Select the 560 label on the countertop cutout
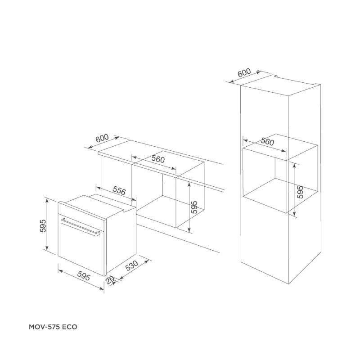[158, 160]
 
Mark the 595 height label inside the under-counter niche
[194, 206]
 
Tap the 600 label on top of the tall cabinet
[244, 73]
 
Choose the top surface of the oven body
[97, 203]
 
